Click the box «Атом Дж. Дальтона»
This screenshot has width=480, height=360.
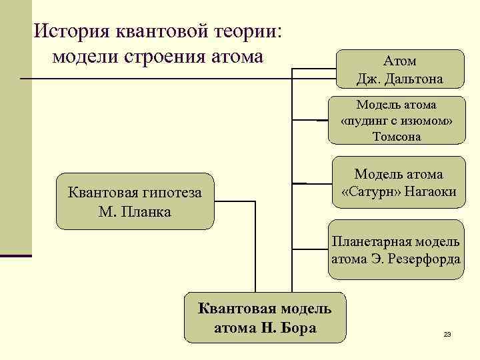tap(400, 69)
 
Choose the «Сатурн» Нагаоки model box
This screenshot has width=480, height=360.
tap(399, 183)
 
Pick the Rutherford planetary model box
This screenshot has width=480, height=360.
tap(396, 249)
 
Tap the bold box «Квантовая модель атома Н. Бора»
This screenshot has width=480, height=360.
tap(265, 317)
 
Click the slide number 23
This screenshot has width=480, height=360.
tap(447, 334)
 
